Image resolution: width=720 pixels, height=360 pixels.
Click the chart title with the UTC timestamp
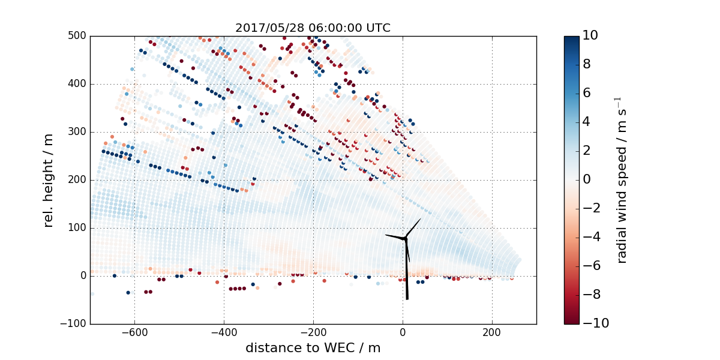313,28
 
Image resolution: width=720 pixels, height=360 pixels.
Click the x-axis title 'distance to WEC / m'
313,348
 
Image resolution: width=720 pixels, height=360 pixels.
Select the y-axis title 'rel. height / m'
49,180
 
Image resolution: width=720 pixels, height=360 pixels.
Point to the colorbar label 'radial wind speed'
622,180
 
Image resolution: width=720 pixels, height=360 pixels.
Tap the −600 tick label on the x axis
134,332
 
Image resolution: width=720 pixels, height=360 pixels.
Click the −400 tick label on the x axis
224,332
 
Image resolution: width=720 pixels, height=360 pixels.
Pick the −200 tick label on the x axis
313,332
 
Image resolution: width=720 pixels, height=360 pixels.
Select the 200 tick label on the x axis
492,332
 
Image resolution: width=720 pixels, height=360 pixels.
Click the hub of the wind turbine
405,239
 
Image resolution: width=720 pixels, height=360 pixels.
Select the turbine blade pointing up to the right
413,228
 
